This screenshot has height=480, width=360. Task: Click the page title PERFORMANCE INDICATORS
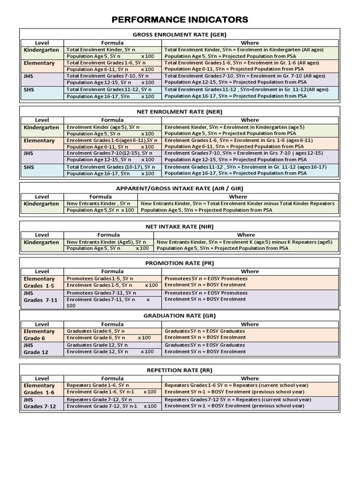click(180, 19)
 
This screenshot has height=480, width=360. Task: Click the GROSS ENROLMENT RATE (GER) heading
click(180, 34)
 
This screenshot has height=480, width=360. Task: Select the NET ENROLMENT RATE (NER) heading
click(180, 112)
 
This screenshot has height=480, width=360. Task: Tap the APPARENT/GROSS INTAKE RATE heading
click(180, 188)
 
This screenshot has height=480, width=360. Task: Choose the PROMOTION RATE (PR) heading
click(180, 263)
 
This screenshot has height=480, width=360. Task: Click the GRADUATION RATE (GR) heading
click(180, 316)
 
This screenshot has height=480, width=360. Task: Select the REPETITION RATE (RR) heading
click(180, 370)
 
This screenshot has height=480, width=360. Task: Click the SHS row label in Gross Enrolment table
click(29, 90)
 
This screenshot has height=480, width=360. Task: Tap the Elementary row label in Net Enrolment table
click(39, 141)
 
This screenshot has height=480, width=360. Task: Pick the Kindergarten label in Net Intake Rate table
click(41, 242)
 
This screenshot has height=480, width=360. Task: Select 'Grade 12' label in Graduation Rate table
click(36, 352)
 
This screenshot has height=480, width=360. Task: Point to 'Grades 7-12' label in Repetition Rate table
click(40, 406)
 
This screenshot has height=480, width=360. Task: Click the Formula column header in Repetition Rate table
click(112, 378)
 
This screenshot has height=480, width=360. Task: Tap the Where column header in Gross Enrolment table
click(250, 43)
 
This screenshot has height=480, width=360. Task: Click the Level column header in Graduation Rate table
click(42, 324)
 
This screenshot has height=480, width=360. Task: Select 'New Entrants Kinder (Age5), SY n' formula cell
click(101, 242)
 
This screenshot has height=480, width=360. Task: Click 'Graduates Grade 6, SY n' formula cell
click(97, 331)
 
